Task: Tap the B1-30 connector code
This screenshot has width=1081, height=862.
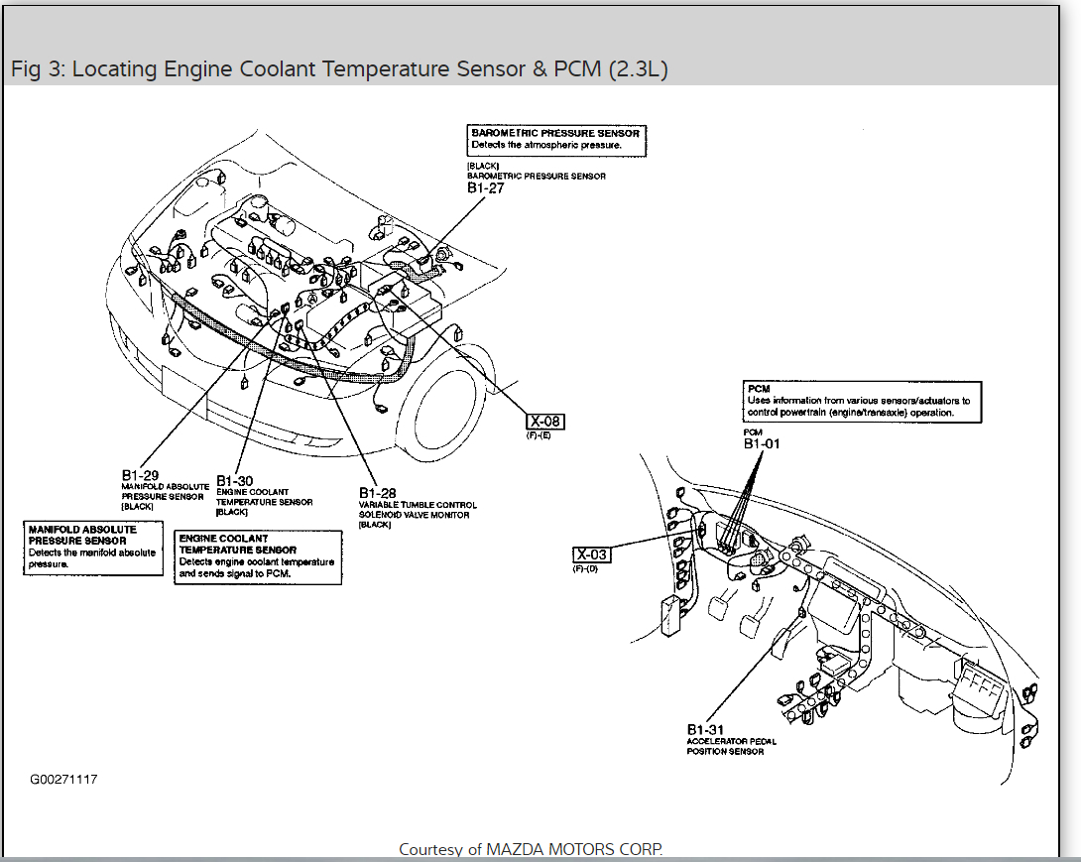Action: coord(234,481)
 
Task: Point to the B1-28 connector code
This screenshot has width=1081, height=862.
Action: coord(378,493)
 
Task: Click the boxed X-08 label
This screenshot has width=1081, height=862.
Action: coord(544,421)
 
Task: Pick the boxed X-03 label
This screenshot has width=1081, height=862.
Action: coord(592,554)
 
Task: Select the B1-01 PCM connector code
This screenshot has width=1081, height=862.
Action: coord(762,443)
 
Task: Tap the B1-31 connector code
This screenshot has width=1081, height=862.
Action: coord(706,729)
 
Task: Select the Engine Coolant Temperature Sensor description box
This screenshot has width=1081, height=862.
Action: coord(257,556)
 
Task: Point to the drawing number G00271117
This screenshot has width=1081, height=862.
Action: coord(63,780)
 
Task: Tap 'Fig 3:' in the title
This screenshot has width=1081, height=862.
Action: coord(38,69)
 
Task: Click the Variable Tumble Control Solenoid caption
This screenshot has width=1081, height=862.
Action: coord(411,510)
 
